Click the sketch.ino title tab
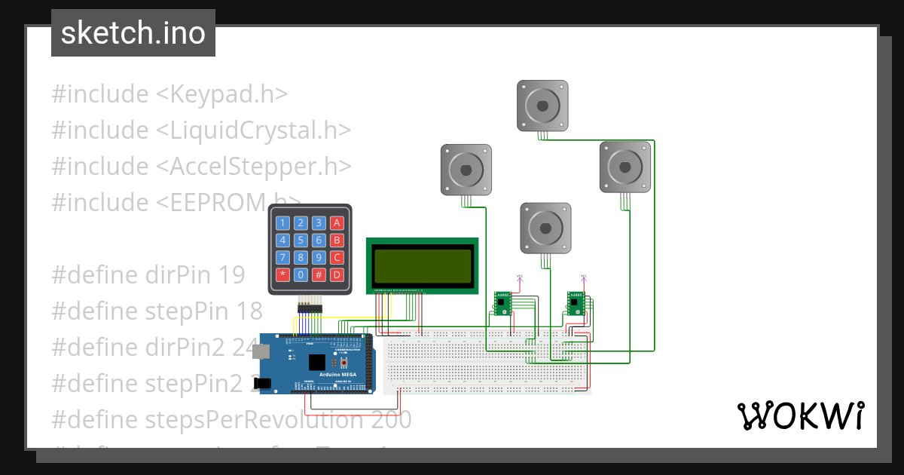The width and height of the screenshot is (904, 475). point(133,33)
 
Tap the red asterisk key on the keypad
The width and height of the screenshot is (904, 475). point(282,274)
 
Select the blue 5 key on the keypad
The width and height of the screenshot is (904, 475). point(301,241)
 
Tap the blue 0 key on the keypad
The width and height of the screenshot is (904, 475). point(301,274)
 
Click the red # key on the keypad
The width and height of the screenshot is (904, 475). point(319,274)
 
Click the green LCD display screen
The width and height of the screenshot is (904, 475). point(422,265)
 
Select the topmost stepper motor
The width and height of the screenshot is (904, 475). point(542,105)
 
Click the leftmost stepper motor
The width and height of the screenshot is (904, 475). point(466,170)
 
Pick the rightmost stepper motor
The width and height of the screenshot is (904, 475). point(625,167)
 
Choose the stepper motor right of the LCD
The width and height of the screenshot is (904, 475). point(545,228)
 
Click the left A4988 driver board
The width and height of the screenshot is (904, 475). point(502,303)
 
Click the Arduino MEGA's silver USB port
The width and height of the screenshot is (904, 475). point(261,351)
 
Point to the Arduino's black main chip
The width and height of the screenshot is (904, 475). point(318,363)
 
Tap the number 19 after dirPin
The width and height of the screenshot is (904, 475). point(232,275)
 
